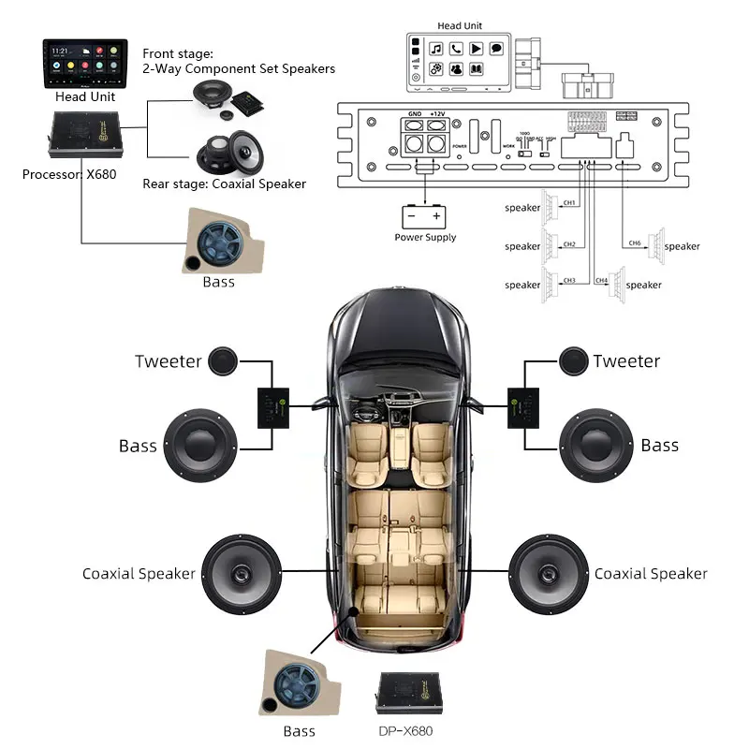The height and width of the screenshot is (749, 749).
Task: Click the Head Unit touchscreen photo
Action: click(85, 63)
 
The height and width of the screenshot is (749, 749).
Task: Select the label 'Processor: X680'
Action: click(69, 174)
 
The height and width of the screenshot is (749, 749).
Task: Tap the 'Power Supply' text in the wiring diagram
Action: click(425, 238)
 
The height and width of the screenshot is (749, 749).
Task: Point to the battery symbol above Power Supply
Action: click(424, 216)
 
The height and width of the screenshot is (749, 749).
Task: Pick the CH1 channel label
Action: click(569, 203)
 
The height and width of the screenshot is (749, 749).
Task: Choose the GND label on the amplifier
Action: click(412, 112)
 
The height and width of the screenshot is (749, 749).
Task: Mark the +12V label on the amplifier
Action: click(437, 112)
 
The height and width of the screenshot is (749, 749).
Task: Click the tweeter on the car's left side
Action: click(221, 360)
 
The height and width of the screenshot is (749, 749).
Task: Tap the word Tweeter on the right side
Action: click(626, 361)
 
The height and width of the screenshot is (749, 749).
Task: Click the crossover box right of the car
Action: click(525, 408)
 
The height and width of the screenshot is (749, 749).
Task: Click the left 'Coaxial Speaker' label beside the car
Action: click(139, 574)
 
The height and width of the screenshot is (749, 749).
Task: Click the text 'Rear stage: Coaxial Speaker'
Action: click(224, 184)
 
